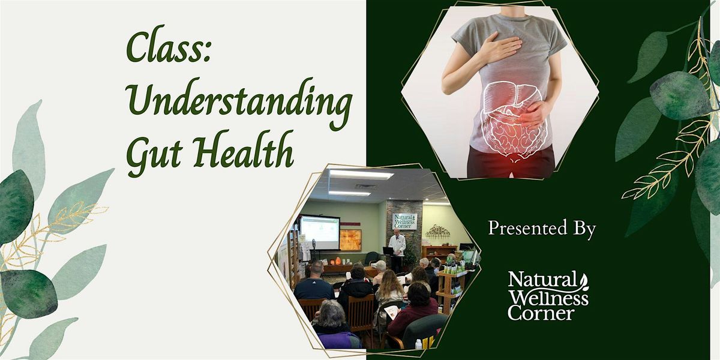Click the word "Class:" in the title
click(169, 44)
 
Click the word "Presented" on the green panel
click(527, 228)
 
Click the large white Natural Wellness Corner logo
click(548, 296)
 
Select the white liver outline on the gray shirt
click(508, 96)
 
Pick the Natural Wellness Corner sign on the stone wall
click(405, 221)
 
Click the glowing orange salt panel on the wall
click(350, 240)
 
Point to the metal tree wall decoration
click(438, 232)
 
